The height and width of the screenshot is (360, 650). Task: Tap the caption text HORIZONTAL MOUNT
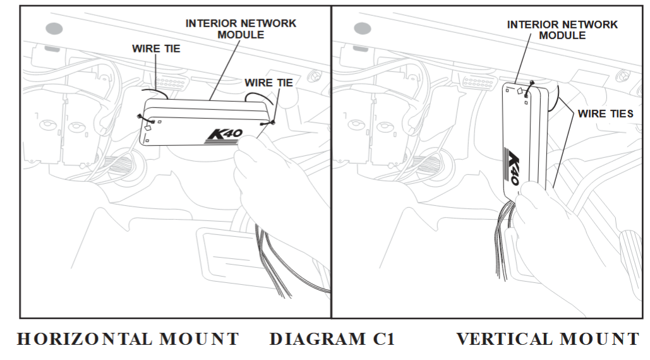click(x=128, y=339)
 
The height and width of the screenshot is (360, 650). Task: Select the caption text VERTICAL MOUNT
click(x=548, y=339)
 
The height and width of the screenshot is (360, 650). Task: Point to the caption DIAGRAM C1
click(x=332, y=339)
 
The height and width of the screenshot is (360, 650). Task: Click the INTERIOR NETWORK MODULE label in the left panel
click(x=241, y=28)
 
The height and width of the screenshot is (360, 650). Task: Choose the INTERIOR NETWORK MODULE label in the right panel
click(x=562, y=30)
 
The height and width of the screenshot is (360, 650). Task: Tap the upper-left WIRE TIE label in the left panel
click(x=156, y=49)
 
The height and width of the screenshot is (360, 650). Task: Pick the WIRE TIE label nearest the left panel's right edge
click(x=268, y=82)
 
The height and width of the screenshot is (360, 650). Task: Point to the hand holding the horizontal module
click(x=278, y=171)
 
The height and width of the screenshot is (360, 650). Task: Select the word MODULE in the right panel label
click(x=562, y=36)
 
